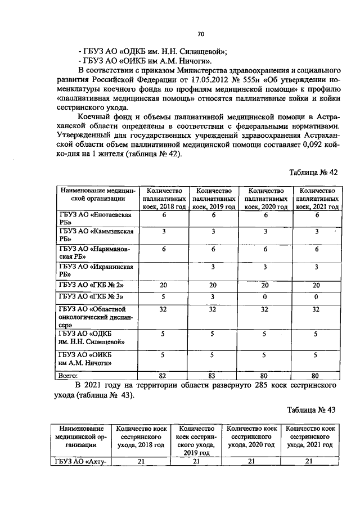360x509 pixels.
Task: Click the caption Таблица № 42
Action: [x=315, y=172]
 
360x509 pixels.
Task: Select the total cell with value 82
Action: [x=164, y=375]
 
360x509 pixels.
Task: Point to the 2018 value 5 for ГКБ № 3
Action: [x=164, y=296]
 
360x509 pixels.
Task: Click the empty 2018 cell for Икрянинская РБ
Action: [x=164, y=271]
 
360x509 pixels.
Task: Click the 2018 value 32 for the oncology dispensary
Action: [x=164, y=309]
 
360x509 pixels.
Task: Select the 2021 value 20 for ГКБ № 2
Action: [x=316, y=285]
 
